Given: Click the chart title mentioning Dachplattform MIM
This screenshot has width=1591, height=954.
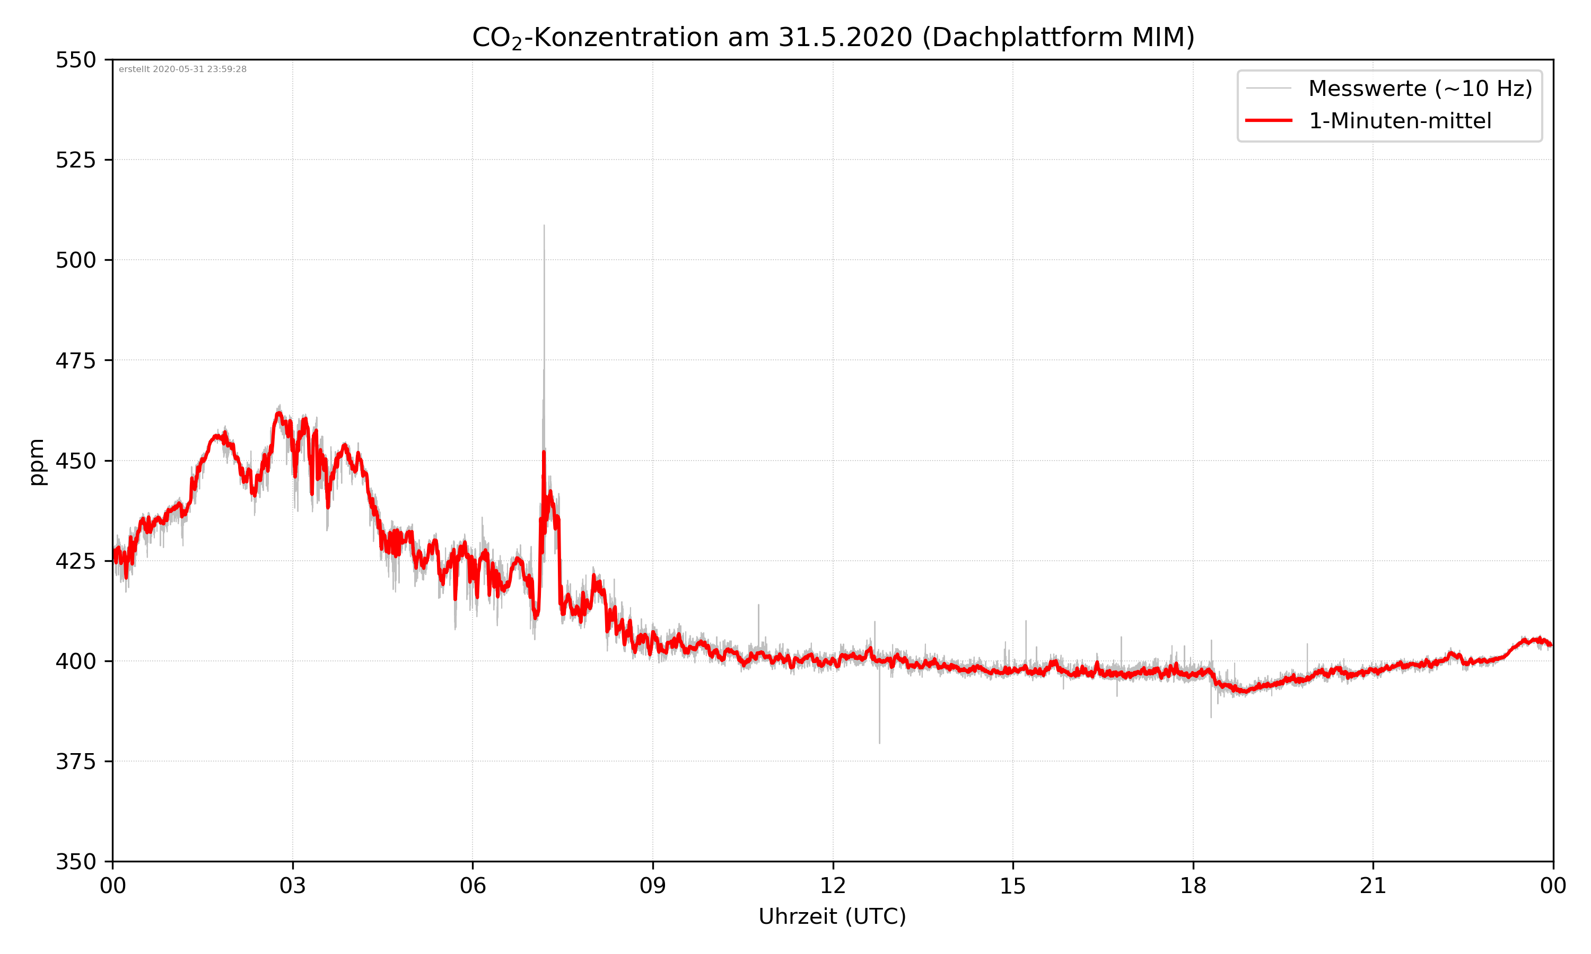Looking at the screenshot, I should tap(833, 37).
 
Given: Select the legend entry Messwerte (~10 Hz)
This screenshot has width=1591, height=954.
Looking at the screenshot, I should tap(1420, 89).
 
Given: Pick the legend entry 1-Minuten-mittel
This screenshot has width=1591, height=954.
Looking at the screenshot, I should tap(1400, 121).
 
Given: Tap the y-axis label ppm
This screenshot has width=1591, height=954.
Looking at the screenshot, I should tap(37, 462).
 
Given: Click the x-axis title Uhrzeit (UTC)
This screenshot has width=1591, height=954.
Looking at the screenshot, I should tap(832, 916).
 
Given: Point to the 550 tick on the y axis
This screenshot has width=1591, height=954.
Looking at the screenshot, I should tap(75, 60).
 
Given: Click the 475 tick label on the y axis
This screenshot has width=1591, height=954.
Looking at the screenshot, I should tap(75, 360).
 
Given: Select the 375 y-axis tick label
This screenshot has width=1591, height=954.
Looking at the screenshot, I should tap(75, 762).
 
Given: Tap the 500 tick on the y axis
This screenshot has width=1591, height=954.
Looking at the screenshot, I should tap(75, 260).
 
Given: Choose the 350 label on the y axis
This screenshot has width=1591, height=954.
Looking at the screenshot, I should tap(75, 862).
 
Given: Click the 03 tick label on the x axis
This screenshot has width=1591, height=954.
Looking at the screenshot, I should tap(293, 886).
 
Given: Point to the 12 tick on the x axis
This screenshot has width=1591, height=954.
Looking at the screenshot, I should tap(833, 886).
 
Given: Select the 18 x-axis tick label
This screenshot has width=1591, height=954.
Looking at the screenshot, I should tap(1193, 886).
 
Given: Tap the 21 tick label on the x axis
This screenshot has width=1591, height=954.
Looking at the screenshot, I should tap(1373, 886).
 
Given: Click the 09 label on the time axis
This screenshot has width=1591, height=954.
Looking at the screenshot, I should tap(653, 886).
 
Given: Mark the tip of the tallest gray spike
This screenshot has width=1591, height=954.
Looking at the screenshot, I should tap(544, 226).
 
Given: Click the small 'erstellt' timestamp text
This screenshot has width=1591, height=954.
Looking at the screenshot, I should tap(182, 69).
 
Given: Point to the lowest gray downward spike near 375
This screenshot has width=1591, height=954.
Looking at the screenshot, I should tap(880, 743).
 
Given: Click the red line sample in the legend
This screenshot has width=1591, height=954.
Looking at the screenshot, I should tap(1268, 121).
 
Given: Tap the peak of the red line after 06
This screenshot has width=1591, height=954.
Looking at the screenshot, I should tap(544, 453).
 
